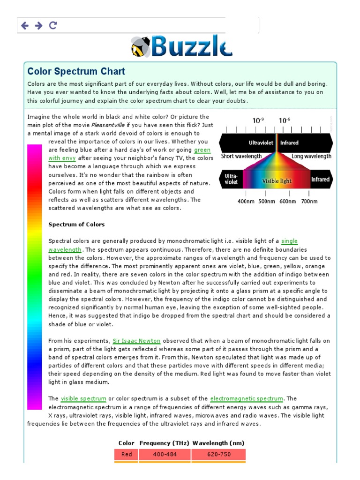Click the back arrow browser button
[25, 25]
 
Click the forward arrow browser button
[39, 25]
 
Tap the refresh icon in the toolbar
[53, 25]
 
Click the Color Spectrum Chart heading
[76, 72]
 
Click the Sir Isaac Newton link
[136, 341]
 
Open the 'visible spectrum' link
[83, 399]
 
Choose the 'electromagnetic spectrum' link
[247, 399]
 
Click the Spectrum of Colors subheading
[76, 225]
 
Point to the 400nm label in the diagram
[246, 202]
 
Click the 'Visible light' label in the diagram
[277, 181]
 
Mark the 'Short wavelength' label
[241, 157]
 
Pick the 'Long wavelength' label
[311, 157]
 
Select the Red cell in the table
[127, 454]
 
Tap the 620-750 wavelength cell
[218, 454]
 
